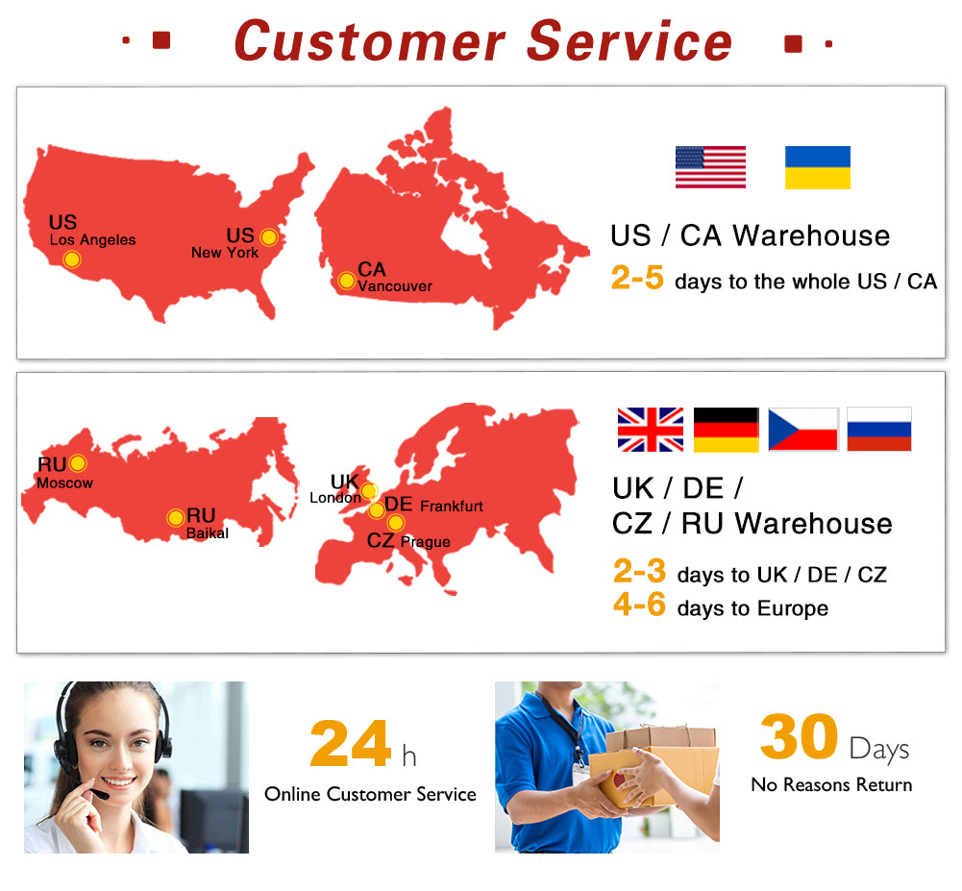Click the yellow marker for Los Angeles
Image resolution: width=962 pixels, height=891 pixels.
tap(72, 260)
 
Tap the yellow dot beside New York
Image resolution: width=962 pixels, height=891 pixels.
tap(269, 236)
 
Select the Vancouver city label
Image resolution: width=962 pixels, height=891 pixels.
tap(394, 286)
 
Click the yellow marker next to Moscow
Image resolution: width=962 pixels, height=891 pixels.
tap(78, 463)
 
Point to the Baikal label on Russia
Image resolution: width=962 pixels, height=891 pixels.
tap(208, 533)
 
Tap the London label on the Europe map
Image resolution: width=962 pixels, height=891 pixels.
tap(335, 498)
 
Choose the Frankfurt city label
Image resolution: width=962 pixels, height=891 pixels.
tap(452, 507)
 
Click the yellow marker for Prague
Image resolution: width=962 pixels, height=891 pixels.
tap(396, 523)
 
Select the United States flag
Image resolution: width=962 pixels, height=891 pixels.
tap(710, 167)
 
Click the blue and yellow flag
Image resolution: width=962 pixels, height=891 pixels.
tap(818, 167)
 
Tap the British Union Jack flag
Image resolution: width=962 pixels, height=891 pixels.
tap(651, 430)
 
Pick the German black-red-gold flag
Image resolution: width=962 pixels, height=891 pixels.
tap(727, 430)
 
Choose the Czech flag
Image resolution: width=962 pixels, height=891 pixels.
tap(803, 430)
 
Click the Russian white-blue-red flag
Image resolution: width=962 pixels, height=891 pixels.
tap(879, 429)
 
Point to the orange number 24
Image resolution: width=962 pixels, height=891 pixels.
tap(351, 744)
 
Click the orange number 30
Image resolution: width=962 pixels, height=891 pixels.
tap(799, 736)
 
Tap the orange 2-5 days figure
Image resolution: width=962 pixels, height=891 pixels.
tap(637, 278)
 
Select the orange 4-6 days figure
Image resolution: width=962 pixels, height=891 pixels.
tap(639, 604)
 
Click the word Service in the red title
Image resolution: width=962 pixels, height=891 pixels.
tap(629, 41)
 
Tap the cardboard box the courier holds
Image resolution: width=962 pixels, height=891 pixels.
tap(654, 766)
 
